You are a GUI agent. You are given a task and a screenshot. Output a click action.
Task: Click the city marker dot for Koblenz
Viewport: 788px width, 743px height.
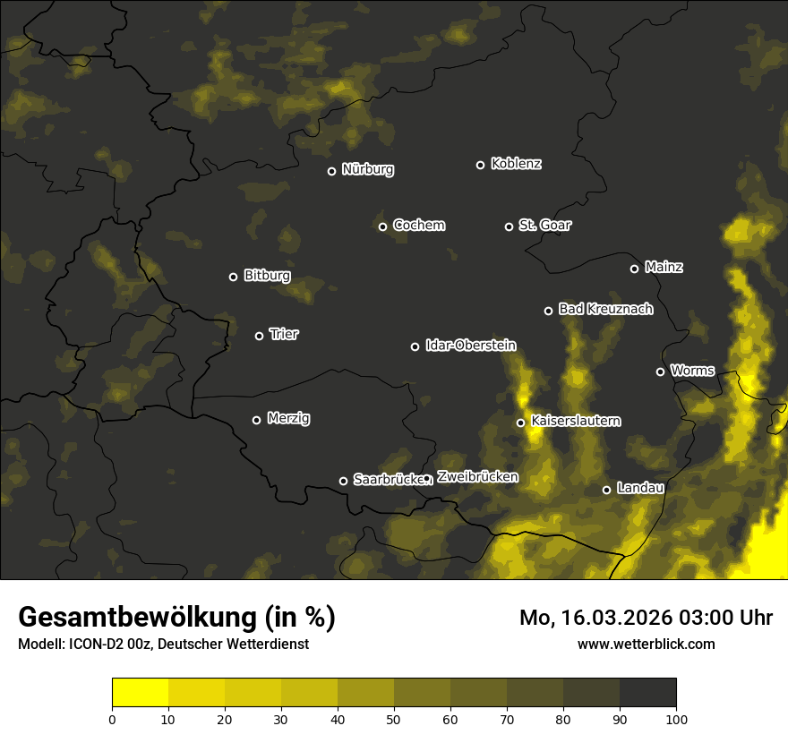480,165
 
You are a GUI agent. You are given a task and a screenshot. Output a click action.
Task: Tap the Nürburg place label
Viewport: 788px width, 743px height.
368,169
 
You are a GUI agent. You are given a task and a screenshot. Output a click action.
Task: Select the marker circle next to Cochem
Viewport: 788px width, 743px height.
382,226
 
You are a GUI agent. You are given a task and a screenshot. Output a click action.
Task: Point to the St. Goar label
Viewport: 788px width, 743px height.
544,225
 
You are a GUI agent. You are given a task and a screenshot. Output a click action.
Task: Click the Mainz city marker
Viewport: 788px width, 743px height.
634,269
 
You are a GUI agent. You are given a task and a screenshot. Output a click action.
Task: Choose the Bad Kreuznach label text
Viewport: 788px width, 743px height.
605,309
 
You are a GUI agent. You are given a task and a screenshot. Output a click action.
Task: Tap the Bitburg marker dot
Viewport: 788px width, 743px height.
233,277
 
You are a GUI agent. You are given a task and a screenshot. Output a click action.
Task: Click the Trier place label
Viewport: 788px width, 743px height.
285,334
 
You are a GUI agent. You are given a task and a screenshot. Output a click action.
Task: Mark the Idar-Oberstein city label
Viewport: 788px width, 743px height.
470,345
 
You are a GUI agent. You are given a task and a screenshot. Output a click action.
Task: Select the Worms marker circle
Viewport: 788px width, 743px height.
660,371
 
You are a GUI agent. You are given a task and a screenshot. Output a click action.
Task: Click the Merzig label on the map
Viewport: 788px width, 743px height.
288,418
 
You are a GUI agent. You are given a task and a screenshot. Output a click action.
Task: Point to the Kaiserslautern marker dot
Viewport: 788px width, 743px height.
520,423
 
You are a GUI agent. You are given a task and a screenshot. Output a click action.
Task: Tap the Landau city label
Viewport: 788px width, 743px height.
640,488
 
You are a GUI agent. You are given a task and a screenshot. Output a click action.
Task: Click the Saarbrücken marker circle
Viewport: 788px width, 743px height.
343,481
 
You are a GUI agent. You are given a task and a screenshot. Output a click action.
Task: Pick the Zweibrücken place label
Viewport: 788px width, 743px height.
477,476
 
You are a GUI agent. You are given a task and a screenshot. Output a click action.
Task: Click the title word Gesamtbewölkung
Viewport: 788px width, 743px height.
137,617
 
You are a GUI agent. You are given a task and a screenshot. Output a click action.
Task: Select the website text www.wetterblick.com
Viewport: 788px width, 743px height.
646,644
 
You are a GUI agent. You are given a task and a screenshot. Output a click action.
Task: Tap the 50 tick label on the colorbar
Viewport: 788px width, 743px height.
394,719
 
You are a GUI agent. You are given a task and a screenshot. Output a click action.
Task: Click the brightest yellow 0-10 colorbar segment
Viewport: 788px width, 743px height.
141,693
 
